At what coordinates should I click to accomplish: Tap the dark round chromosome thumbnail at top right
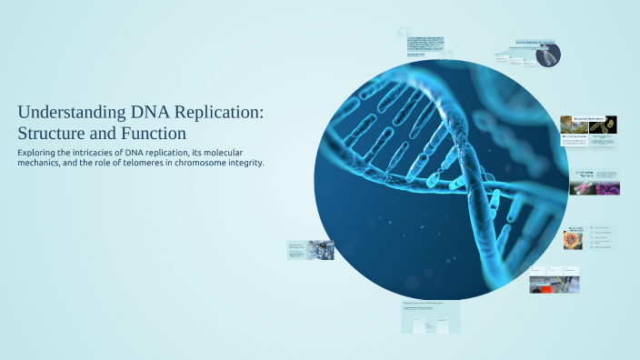(548, 55)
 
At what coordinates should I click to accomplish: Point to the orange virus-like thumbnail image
(575, 239)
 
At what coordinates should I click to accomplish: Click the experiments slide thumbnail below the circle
(430, 316)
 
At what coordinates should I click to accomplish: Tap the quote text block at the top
(425, 45)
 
